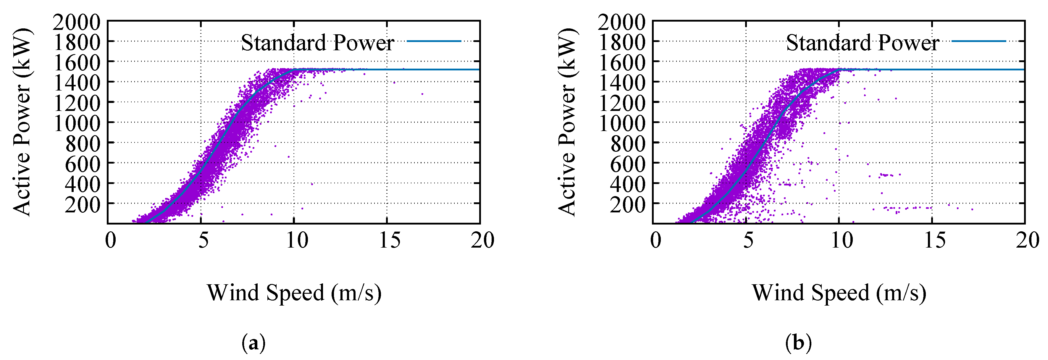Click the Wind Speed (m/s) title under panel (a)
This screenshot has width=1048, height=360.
[294, 293]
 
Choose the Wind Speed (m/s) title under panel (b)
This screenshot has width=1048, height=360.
[839, 293]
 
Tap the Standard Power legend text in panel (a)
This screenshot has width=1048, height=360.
[317, 43]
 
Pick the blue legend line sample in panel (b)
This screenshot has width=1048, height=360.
[978, 41]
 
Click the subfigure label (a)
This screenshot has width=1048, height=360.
[253, 343]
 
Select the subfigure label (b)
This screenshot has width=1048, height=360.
[798, 343]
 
